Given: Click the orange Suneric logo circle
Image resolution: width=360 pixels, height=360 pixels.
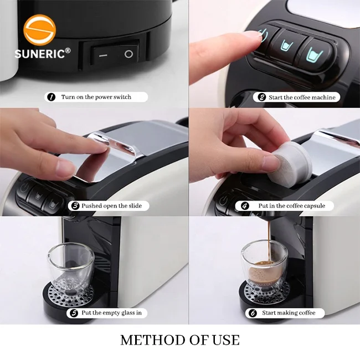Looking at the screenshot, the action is (x=39, y=29).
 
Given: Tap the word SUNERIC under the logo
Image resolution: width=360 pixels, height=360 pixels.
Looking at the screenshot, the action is (x=39, y=54).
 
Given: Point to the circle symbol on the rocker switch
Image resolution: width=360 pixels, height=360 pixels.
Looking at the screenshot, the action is (x=128, y=54).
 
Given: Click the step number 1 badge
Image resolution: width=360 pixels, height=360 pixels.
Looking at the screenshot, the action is (x=51, y=97).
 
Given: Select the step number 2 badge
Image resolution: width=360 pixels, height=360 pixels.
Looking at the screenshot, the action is (x=262, y=97).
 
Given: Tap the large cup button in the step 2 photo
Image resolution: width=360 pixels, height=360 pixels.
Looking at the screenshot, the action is (x=315, y=54).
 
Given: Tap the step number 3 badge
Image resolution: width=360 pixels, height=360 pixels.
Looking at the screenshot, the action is (x=75, y=205).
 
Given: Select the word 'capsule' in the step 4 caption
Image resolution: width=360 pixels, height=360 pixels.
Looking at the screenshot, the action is (x=314, y=205).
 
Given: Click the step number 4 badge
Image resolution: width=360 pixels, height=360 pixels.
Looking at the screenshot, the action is (x=244, y=205).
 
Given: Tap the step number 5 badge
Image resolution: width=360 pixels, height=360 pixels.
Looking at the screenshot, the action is (x=74, y=313).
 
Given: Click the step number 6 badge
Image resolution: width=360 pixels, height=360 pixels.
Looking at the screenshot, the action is (x=253, y=313).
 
